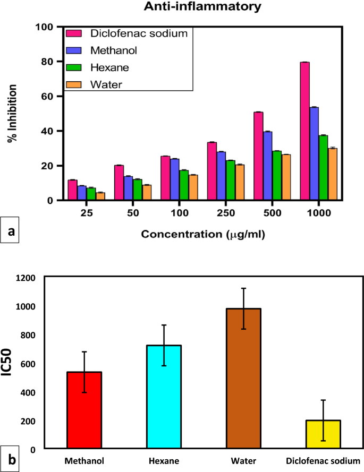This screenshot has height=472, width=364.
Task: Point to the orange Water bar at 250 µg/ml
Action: click(255, 182)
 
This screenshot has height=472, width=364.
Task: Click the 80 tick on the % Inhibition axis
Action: click(47, 62)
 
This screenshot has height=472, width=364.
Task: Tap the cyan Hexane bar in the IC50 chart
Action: click(164, 397)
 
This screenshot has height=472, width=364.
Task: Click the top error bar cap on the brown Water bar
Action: click(243, 288)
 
